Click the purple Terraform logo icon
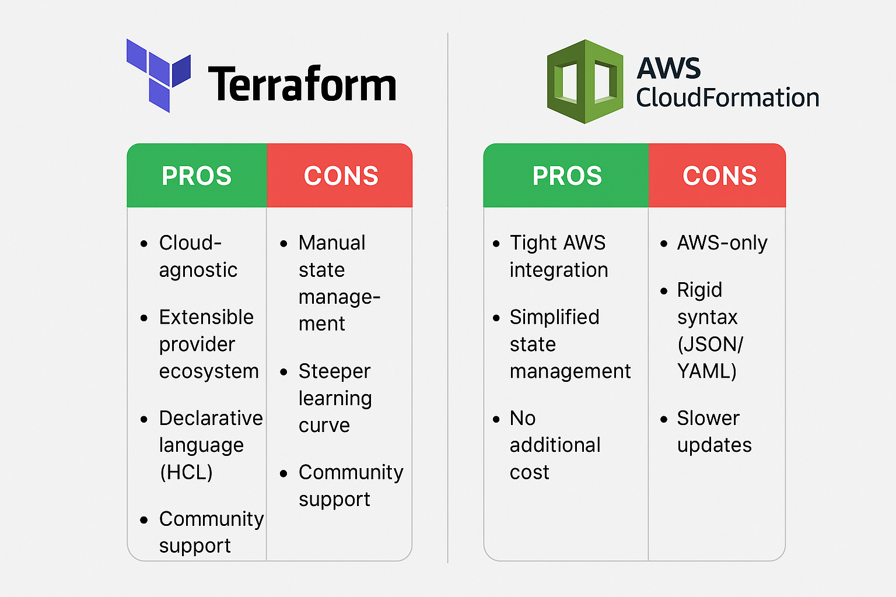(158, 75)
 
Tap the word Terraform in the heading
(302, 85)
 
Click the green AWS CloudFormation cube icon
(585, 82)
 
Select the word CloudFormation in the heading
(727, 98)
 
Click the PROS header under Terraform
(197, 175)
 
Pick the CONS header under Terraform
(341, 175)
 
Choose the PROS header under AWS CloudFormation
(566, 175)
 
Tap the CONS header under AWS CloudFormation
(719, 175)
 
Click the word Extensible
(206, 317)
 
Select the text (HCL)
(186, 472)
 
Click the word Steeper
(334, 371)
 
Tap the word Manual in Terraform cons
(332, 243)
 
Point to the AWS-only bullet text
(722, 243)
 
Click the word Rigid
(699, 290)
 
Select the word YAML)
(707, 371)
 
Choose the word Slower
(708, 418)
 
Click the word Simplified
(554, 317)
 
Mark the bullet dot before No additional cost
(496, 419)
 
